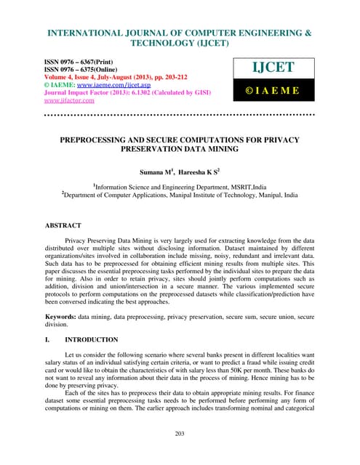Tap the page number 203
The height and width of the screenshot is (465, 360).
[x=180, y=434]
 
